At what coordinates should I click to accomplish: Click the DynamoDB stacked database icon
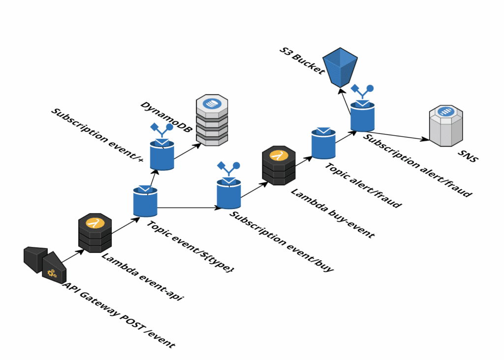[x=212, y=120]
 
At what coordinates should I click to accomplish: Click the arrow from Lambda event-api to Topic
[x=123, y=227]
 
